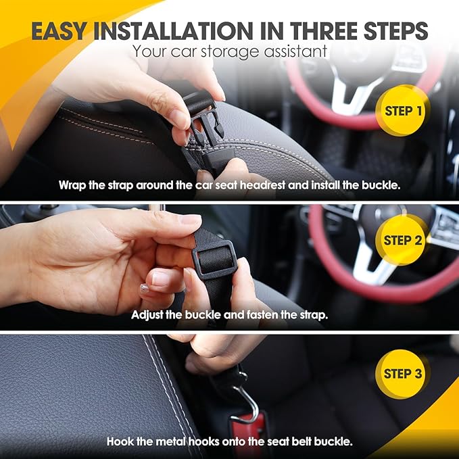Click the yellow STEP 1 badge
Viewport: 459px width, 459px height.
point(402,111)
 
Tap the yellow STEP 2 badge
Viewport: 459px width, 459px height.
point(402,240)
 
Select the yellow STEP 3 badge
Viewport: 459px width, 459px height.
point(402,374)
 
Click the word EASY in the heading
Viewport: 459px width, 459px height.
point(59,30)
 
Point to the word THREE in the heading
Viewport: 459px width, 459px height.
point(324,30)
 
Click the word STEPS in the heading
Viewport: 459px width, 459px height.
point(396,30)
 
